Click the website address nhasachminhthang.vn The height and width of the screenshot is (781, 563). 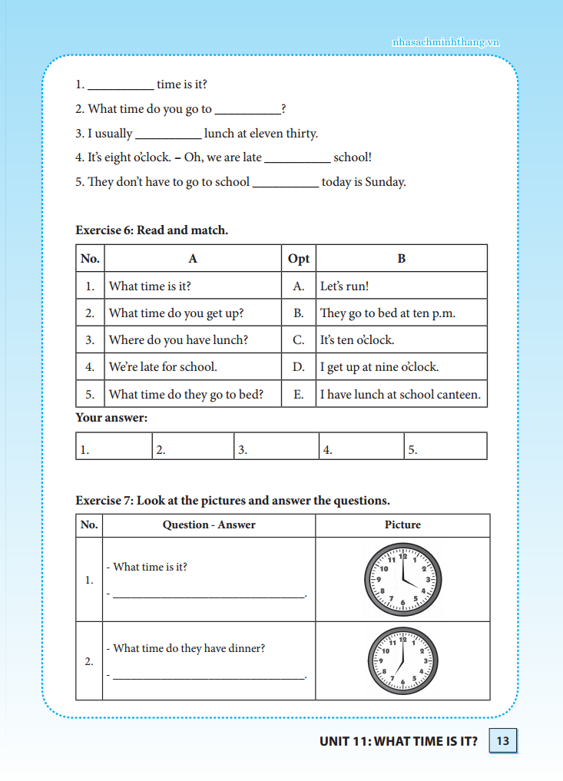pyautogui.click(x=445, y=42)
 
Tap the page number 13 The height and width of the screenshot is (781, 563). pyautogui.click(x=503, y=741)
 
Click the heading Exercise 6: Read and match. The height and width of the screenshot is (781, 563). pyautogui.click(x=151, y=230)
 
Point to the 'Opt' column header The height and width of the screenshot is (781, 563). pyautogui.click(x=299, y=259)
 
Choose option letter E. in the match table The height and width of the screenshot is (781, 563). pyautogui.click(x=299, y=394)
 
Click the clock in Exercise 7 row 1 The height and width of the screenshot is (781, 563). pyautogui.click(x=402, y=580)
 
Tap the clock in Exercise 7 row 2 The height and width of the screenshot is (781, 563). pyautogui.click(x=402, y=660)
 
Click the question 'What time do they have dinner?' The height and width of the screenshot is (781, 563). pyautogui.click(x=189, y=648)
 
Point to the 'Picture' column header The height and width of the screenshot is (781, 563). pyautogui.click(x=402, y=525)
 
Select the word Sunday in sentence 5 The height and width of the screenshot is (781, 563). pyautogui.click(x=383, y=182)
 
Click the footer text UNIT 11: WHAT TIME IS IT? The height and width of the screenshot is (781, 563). pyautogui.click(x=399, y=741)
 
